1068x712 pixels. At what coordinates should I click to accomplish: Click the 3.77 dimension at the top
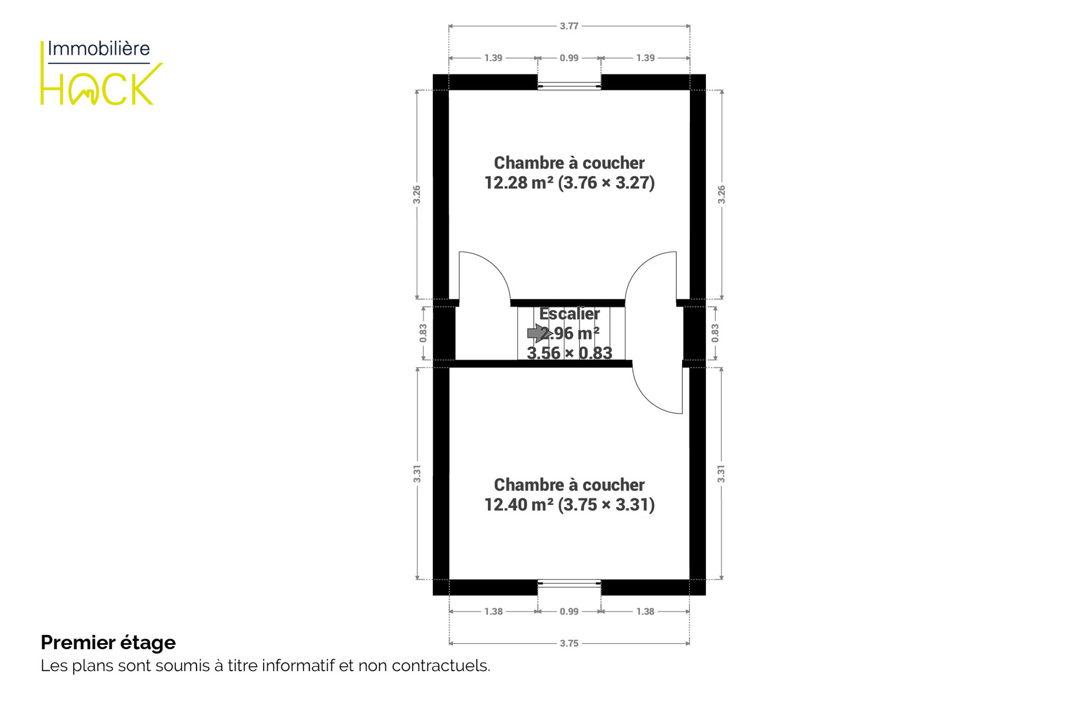pos(569,26)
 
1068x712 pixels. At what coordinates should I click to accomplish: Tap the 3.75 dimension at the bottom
pos(569,643)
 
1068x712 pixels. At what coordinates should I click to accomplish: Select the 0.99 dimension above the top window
pos(569,58)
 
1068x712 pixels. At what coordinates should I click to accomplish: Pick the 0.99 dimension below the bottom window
pos(569,611)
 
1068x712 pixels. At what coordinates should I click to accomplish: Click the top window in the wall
pos(569,86)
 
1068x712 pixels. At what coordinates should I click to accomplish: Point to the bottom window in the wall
pos(569,584)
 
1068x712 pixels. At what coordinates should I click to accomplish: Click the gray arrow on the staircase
pos(536,333)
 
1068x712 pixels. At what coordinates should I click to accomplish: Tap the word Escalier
pos(569,313)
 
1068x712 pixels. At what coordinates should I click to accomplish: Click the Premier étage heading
pos(108,643)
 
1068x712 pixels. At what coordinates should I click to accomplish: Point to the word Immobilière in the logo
pos(99,49)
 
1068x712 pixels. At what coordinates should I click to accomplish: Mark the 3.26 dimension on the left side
pos(417,195)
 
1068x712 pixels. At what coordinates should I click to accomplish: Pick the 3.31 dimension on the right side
pos(721,473)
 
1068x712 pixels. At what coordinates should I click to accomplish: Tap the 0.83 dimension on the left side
pos(423,333)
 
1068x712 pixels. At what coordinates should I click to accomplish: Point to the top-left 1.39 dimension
pos(493,58)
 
